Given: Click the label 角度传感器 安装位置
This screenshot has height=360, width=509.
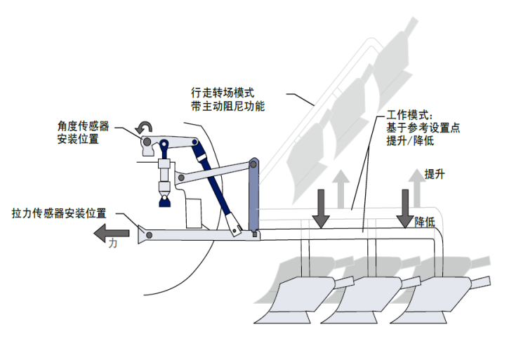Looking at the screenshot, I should pos(84,133).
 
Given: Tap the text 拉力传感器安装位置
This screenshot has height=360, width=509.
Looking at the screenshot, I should pos(59,212).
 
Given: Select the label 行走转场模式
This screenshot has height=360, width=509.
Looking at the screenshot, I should pos(223,93).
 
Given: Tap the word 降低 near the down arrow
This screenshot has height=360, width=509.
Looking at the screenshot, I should pos(425,221).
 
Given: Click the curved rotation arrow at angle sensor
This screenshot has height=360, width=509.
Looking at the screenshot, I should pos(143,127).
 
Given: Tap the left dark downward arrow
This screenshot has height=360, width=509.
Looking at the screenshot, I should pos(321,208).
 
